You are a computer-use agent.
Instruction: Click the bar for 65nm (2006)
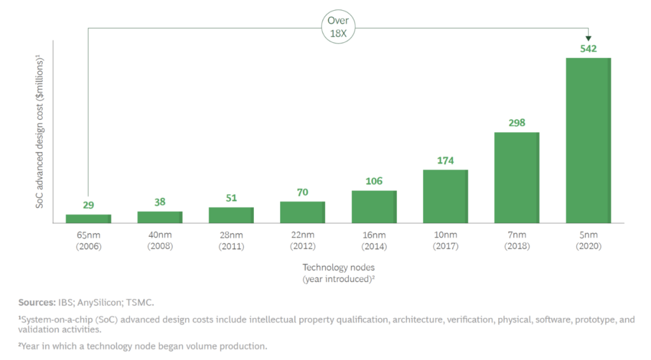pos(88,218)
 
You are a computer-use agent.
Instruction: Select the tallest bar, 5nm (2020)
pos(588,141)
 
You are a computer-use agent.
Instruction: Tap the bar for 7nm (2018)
pos(517,178)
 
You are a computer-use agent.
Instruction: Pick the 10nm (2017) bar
pos(445,197)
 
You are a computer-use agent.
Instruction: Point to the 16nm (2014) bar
pos(374,207)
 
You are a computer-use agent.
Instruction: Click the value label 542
pos(588,48)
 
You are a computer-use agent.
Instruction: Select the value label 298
pos(517,122)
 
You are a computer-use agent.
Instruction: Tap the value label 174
pos(445,160)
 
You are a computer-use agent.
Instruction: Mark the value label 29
pos(88,205)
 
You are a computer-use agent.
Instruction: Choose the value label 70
pos(303,192)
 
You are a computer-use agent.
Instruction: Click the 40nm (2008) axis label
pos(160,240)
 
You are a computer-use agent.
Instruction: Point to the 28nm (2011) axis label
pos(231,240)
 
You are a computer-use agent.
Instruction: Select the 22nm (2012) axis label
pos(303,240)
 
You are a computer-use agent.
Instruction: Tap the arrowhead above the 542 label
pos(588,38)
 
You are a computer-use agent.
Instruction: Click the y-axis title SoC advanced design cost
pos(40,131)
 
